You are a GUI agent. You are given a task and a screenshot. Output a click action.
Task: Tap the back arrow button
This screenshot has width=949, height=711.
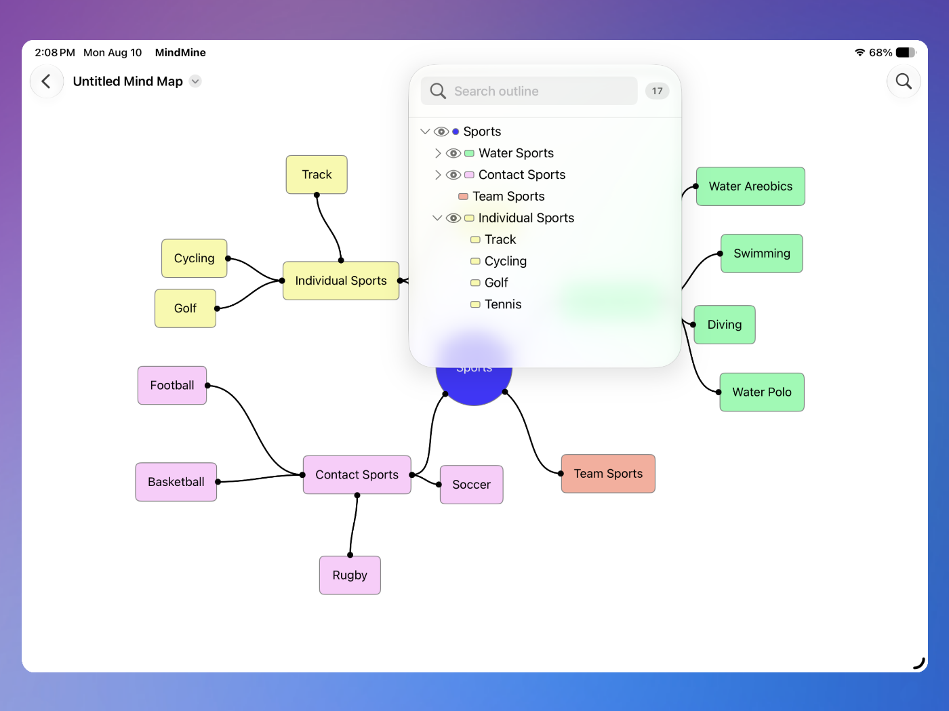[x=46, y=81]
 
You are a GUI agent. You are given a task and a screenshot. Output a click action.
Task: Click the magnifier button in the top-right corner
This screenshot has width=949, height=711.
[x=903, y=81]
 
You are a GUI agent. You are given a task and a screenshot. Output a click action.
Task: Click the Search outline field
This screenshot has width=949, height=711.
[x=529, y=91]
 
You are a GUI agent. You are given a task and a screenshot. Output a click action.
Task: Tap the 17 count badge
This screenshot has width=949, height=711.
[x=657, y=91]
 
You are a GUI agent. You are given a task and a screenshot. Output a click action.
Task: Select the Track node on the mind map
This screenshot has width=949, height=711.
[x=317, y=175]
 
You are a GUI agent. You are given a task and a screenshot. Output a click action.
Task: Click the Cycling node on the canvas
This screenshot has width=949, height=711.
[x=194, y=258]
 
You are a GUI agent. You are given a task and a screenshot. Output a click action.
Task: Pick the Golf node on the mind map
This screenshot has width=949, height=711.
[x=185, y=308]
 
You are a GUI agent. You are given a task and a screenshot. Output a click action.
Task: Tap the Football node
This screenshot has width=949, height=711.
[x=172, y=385]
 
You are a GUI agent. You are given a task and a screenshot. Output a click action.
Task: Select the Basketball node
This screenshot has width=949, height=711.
[x=176, y=482]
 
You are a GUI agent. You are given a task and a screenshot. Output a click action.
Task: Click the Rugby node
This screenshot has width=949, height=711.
[x=350, y=575]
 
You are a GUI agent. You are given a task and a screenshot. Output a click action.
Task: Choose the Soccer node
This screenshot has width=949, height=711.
[x=471, y=485]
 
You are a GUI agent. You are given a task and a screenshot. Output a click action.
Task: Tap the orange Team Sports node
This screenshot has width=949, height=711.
[x=608, y=474]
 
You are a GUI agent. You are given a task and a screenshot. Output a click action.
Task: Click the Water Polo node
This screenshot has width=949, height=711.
[x=762, y=392]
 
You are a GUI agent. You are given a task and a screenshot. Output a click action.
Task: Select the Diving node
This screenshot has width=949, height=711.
[x=725, y=325]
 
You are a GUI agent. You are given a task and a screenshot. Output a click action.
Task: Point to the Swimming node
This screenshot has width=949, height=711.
[x=762, y=253]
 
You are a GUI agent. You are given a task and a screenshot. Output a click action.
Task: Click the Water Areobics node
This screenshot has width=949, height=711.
[x=750, y=186]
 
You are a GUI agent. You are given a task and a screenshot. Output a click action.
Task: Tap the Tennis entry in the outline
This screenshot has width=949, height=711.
[x=503, y=304]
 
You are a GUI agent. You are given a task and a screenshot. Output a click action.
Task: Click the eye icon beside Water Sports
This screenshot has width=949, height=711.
[x=453, y=153]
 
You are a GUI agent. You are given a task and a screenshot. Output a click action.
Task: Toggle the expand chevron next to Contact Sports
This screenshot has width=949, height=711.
[x=437, y=175]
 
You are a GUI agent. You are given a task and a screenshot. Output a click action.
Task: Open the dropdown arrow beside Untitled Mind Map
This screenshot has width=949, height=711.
[x=195, y=81]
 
